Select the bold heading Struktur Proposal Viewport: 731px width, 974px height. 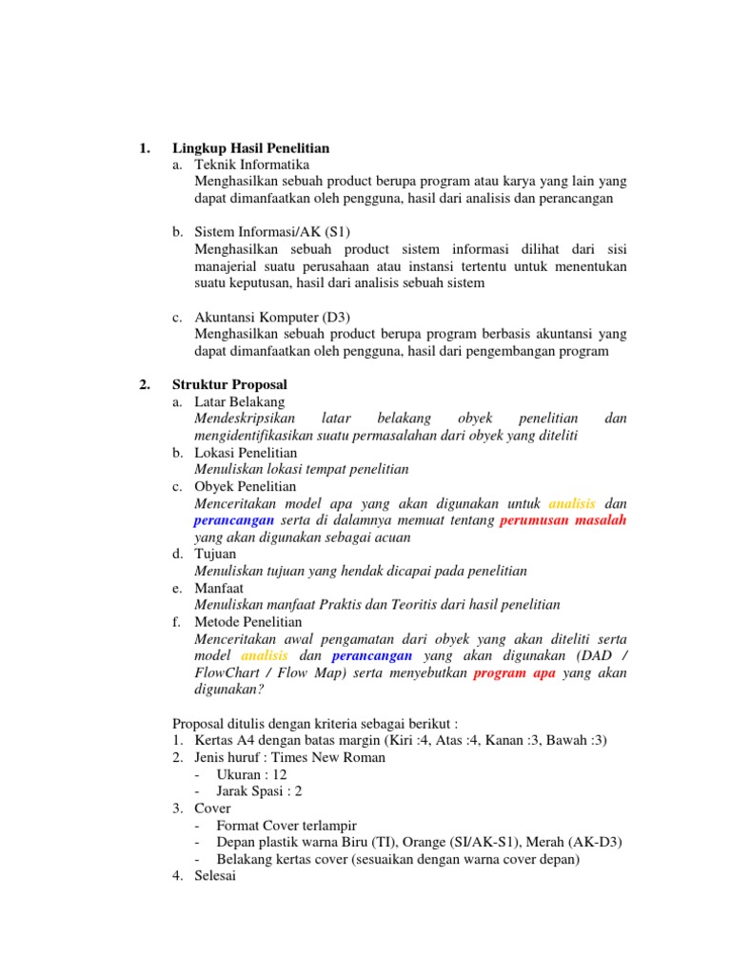click(x=229, y=384)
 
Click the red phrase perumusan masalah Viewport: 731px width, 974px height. click(x=563, y=520)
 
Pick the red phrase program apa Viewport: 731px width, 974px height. click(x=515, y=672)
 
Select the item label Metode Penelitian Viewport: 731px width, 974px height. click(x=248, y=622)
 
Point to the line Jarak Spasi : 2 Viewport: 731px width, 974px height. click(x=260, y=791)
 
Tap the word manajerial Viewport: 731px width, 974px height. click(x=229, y=266)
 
